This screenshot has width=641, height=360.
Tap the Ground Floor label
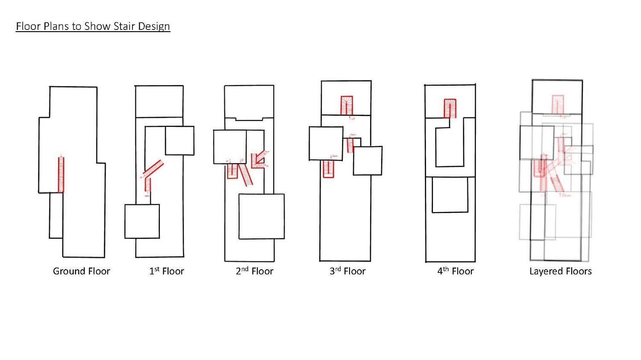[81, 271]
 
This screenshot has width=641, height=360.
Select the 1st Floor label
[166, 271]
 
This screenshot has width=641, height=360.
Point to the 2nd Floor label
[254, 271]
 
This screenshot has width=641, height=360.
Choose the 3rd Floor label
[347, 271]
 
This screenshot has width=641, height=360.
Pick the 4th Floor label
[455, 271]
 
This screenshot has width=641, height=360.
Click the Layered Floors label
[560, 271]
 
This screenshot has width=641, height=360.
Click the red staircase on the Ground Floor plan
[61, 175]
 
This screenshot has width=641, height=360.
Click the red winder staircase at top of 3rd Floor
[347, 105]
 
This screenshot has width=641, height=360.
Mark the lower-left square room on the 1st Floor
[142, 221]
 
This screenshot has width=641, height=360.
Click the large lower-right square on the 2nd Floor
[262, 216]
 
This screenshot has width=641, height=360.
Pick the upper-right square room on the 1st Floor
[179, 140]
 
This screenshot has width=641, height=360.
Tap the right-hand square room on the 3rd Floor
[368, 161]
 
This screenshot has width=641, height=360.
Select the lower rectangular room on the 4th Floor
[450, 195]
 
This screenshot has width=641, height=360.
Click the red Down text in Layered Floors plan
[566, 195]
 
